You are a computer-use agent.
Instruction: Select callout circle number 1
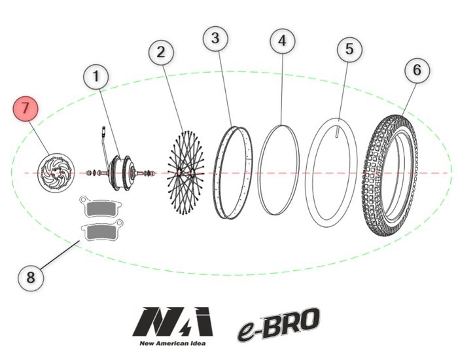(96, 77)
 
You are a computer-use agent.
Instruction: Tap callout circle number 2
(162, 51)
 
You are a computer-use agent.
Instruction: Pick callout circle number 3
(215, 38)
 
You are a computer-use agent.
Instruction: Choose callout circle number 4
(282, 41)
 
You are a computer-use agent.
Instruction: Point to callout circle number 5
(349, 49)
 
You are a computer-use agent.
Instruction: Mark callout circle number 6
(417, 69)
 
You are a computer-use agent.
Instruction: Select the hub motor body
(121, 173)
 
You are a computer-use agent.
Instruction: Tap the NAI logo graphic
(173, 321)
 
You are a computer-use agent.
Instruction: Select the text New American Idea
(173, 343)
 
